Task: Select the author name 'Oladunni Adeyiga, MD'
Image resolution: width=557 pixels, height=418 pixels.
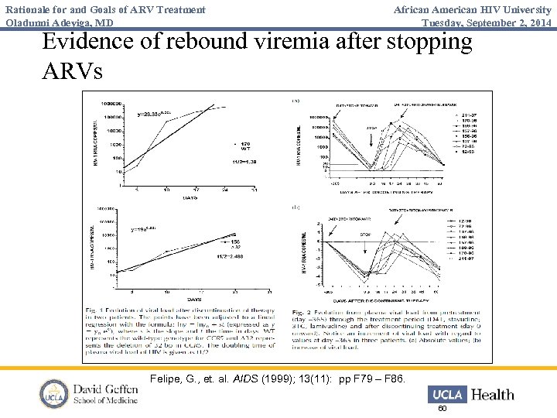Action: tap(60, 23)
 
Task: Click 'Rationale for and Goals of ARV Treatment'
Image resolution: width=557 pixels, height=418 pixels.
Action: tap(105, 9)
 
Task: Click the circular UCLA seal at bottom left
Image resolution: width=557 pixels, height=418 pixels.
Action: tap(54, 394)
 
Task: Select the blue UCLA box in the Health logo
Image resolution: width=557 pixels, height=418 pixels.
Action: tap(446, 394)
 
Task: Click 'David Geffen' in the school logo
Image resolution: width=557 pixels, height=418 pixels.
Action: tap(105, 389)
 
